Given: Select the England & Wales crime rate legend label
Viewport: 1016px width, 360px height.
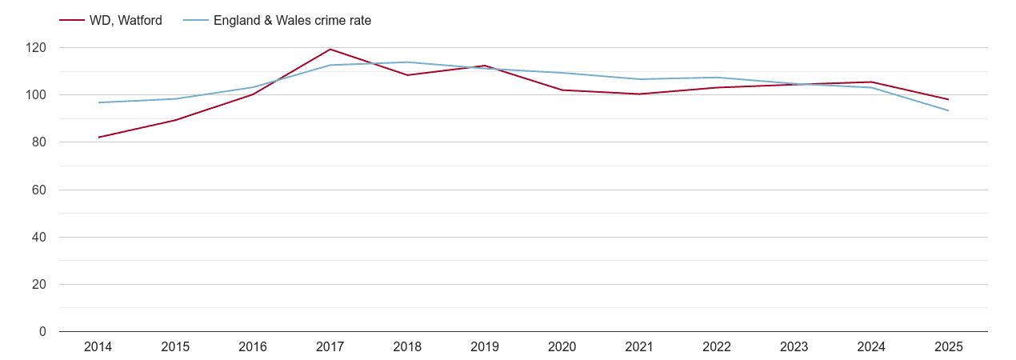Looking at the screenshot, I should [292, 21].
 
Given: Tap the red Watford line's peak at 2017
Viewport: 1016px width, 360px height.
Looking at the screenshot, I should [330, 50].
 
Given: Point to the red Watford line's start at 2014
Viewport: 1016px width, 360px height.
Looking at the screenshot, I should [98, 138].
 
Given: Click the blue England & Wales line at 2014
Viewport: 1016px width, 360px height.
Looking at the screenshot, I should [98, 102].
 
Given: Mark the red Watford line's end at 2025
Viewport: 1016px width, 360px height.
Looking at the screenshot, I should [948, 99].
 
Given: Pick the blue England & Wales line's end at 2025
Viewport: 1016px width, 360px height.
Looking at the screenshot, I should [948, 110].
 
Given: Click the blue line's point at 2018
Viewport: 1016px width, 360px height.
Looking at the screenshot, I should [407, 62].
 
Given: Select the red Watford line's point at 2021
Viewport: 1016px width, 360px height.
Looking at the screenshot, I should [639, 94].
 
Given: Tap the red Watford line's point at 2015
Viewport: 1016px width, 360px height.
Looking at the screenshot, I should [175, 120].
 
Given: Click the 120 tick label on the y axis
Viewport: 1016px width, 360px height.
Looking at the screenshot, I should [36, 48].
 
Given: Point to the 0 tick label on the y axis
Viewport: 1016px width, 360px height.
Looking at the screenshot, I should [42, 332].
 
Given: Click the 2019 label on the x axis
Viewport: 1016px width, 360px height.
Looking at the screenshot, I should [484, 347].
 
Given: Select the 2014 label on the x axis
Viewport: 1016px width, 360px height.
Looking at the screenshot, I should [98, 347].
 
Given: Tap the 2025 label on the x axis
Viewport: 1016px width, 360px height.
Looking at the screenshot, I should [948, 347].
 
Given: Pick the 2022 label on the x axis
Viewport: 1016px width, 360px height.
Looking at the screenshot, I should [716, 347].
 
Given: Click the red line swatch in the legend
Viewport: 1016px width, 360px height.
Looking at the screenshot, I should [72, 21].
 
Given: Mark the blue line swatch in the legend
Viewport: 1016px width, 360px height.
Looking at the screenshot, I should [195, 21].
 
